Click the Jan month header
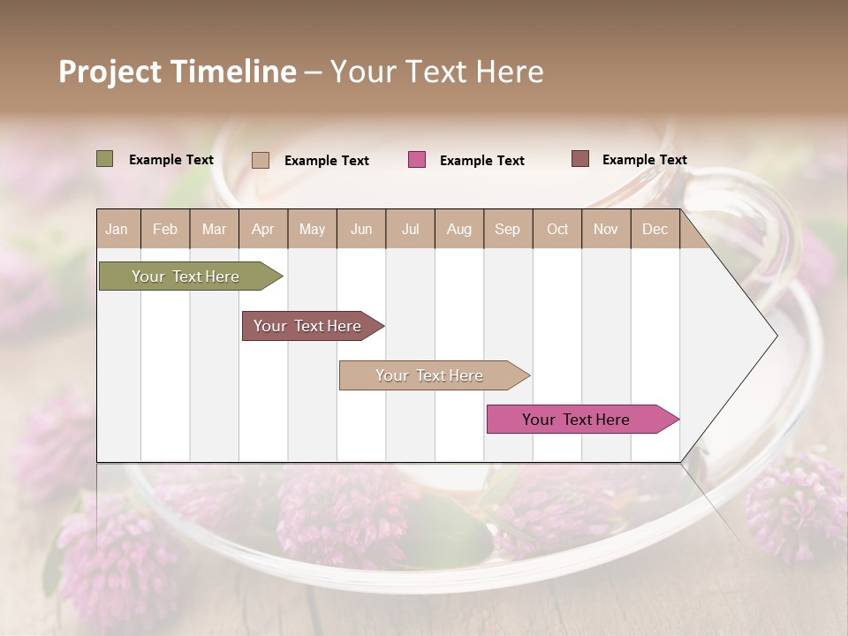[x=117, y=230]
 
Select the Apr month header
[x=263, y=230]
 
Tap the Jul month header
[x=410, y=230]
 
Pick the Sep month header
[x=507, y=230]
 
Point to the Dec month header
[x=655, y=230]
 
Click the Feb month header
[x=165, y=230]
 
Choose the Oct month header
[x=557, y=230]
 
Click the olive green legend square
[x=105, y=159]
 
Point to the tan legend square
[x=261, y=160]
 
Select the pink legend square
[x=417, y=160]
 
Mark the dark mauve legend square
[x=580, y=159]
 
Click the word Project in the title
[x=110, y=72]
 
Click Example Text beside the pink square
[x=481, y=161]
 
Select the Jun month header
[x=361, y=230]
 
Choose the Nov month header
[x=606, y=230]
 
